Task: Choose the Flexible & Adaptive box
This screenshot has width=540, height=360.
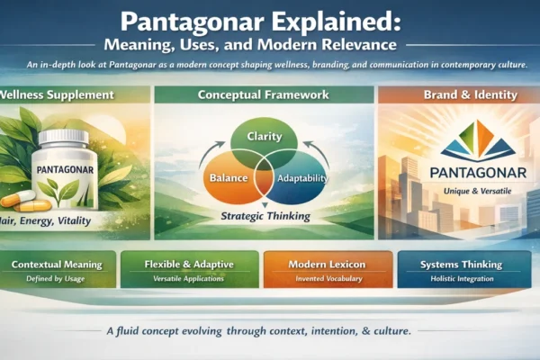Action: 188,269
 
